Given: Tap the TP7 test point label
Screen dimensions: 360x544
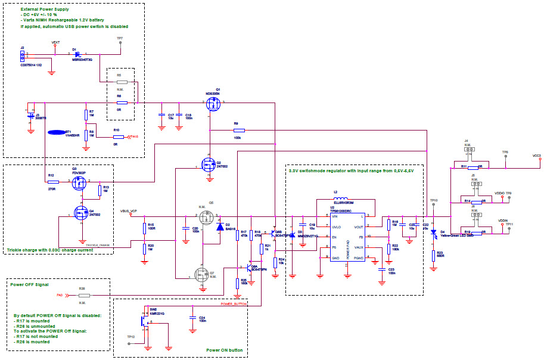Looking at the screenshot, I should (x=120, y=39).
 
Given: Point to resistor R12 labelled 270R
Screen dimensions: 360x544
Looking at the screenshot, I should (x=53, y=182).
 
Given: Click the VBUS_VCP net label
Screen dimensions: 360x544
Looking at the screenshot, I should (x=129, y=210).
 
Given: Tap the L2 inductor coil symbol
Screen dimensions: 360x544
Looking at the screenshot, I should (x=345, y=199).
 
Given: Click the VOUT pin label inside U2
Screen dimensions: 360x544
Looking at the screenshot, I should (x=358, y=226).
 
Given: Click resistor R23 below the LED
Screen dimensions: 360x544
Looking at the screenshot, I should (x=434, y=255).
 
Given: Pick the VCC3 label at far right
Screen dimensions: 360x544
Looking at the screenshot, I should (x=536, y=155).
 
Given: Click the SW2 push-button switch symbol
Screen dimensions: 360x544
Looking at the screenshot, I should (x=145, y=320).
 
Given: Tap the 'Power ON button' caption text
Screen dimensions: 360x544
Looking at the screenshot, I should (x=225, y=350).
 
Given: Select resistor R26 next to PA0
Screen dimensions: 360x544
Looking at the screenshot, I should (x=84, y=295).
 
